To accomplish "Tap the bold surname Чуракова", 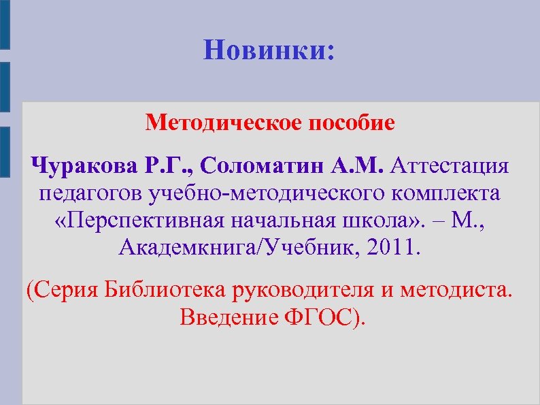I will pos(84,165).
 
